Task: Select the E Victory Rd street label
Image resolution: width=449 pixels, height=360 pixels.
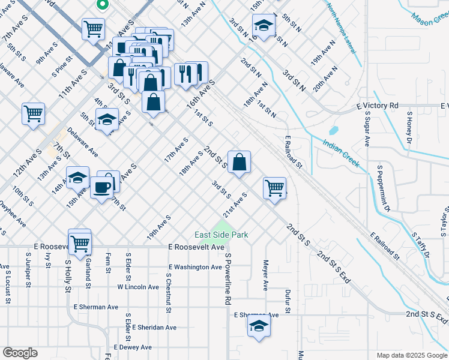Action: [377, 106]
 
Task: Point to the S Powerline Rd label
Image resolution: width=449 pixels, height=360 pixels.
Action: [228, 279]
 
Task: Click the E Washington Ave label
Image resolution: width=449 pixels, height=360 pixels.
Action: [195, 267]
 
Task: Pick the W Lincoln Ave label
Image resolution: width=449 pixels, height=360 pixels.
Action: [137, 287]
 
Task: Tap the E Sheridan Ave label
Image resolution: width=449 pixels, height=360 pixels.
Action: [155, 328]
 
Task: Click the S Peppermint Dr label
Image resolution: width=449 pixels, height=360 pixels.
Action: [384, 188]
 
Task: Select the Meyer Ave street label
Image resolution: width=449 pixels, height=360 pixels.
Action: [265, 275]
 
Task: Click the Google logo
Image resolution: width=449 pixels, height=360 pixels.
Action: [20, 353]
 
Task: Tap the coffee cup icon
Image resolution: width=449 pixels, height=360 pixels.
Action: [101, 187]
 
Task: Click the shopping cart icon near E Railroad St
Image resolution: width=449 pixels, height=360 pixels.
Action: [275, 187]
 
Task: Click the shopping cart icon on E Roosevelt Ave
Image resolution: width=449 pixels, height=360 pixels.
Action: [79, 242]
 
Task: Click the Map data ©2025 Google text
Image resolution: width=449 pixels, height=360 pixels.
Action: [411, 355]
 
